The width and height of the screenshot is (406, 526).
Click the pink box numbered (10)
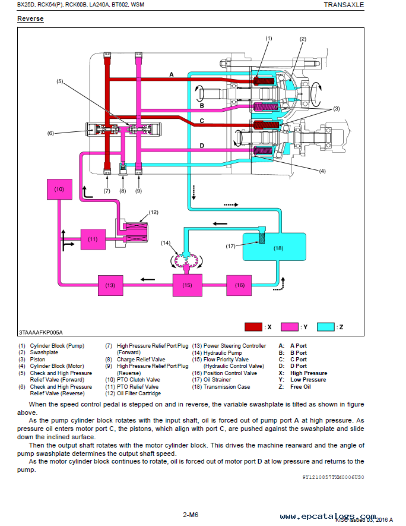tap(59, 189)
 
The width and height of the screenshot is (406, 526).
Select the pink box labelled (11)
tap(93, 240)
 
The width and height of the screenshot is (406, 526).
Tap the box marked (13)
tap(110, 285)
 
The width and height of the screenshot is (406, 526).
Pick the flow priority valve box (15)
tap(187, 285)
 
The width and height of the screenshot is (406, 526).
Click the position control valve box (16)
tap(239, 285)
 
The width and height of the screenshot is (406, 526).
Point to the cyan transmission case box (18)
tap(274, 247)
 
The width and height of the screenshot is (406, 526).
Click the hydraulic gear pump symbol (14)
tap(186, 260)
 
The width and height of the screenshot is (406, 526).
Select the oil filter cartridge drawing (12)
tap(135, 232)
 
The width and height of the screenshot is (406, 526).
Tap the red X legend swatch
tap(253, 327)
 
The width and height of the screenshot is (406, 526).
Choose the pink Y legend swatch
tap(290, 327)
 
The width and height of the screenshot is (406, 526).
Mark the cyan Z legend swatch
tap(326, 327)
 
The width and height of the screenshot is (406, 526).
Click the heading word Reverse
tap(30, 19)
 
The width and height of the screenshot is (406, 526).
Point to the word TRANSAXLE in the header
tap(344, 5)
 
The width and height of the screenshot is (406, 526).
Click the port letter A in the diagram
tap(172, 74)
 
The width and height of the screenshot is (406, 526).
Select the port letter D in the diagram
tap(202, 146)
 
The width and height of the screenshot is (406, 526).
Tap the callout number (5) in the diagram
tap(59, 81)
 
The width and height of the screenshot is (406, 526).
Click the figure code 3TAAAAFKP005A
tap(41, 332)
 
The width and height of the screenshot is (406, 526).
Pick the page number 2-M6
tap(191, 515)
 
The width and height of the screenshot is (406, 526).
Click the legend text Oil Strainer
tap(217, 380)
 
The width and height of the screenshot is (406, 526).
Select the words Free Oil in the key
tap(300, 387)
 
